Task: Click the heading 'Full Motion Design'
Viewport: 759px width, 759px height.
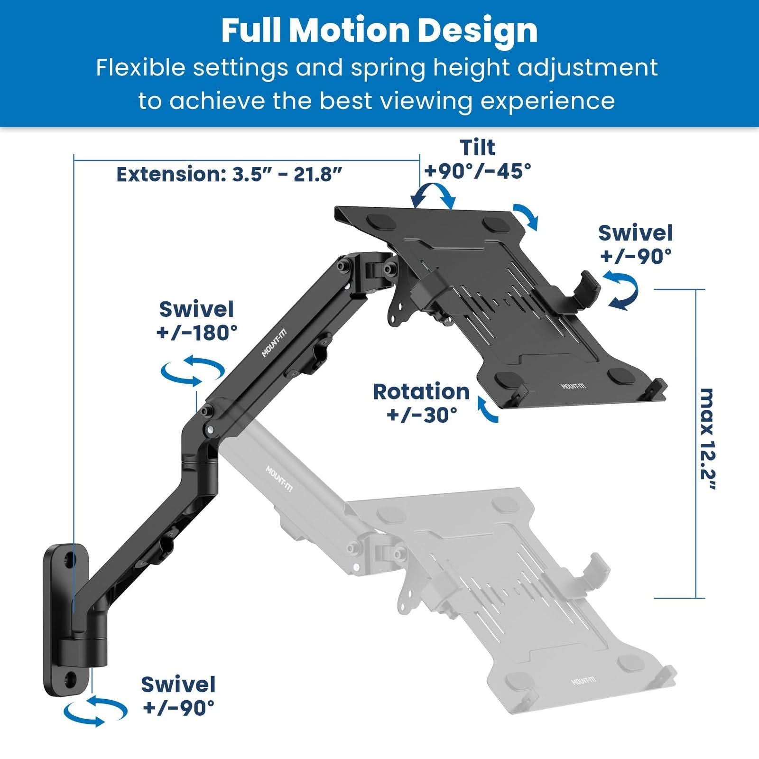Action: click(379, 30)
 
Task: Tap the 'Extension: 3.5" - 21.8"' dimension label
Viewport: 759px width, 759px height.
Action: click(229, 175)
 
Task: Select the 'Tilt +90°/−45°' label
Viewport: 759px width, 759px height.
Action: click(478, 159)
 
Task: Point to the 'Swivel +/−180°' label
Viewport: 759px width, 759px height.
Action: click(197, 321)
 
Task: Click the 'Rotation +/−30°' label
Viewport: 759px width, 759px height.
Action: click(421, 403)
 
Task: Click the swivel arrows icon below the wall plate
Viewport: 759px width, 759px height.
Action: click(95, 711)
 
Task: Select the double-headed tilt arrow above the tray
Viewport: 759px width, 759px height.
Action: click(433, 195)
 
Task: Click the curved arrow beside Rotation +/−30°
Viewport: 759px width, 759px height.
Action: click(488, 411)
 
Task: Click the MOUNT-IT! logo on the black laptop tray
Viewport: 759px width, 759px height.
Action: click(573, 386)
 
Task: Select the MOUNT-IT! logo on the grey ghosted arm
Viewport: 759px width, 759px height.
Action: click(278, 480)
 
